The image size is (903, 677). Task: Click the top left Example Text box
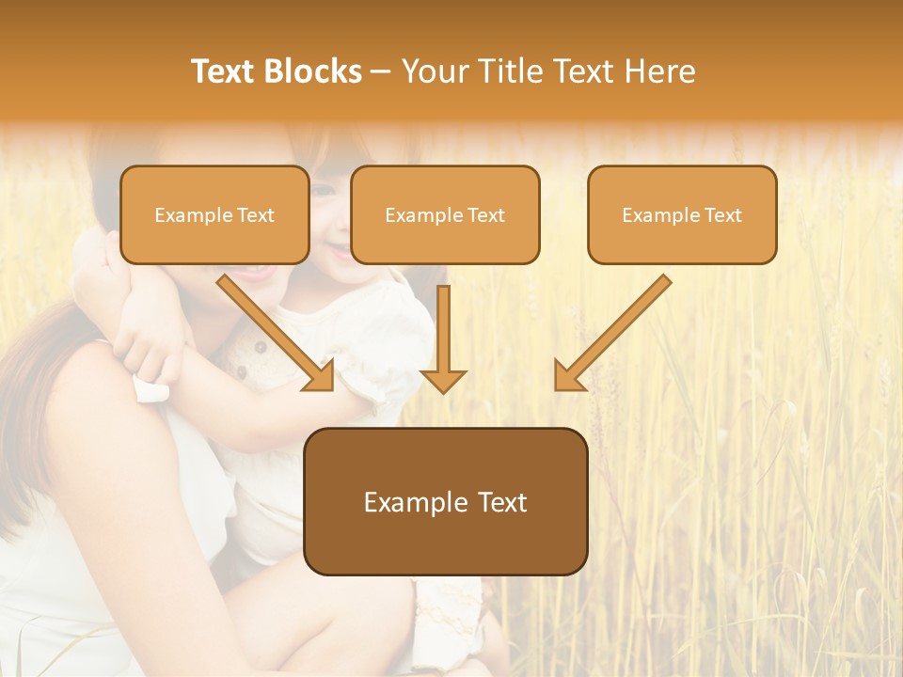coord(214,215)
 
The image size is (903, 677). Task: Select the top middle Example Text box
coord(445,215)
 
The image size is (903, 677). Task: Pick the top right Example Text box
coord(682,215)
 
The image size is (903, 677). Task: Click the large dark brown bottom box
coord(446,502)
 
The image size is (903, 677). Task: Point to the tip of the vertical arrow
coord(443,390)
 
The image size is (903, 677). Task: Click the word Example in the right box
coord(658,215)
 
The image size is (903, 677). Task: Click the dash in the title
coord(382,72)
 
